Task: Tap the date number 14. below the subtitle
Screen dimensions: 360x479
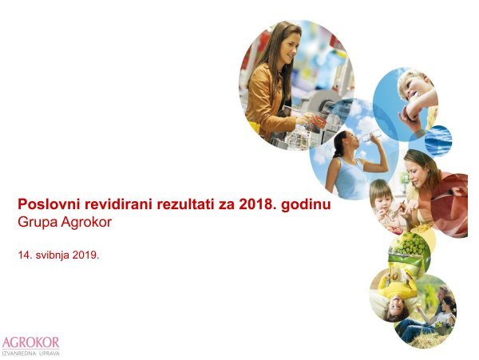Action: tap(25, 257)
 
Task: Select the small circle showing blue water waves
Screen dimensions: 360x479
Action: tap(437, 139)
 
